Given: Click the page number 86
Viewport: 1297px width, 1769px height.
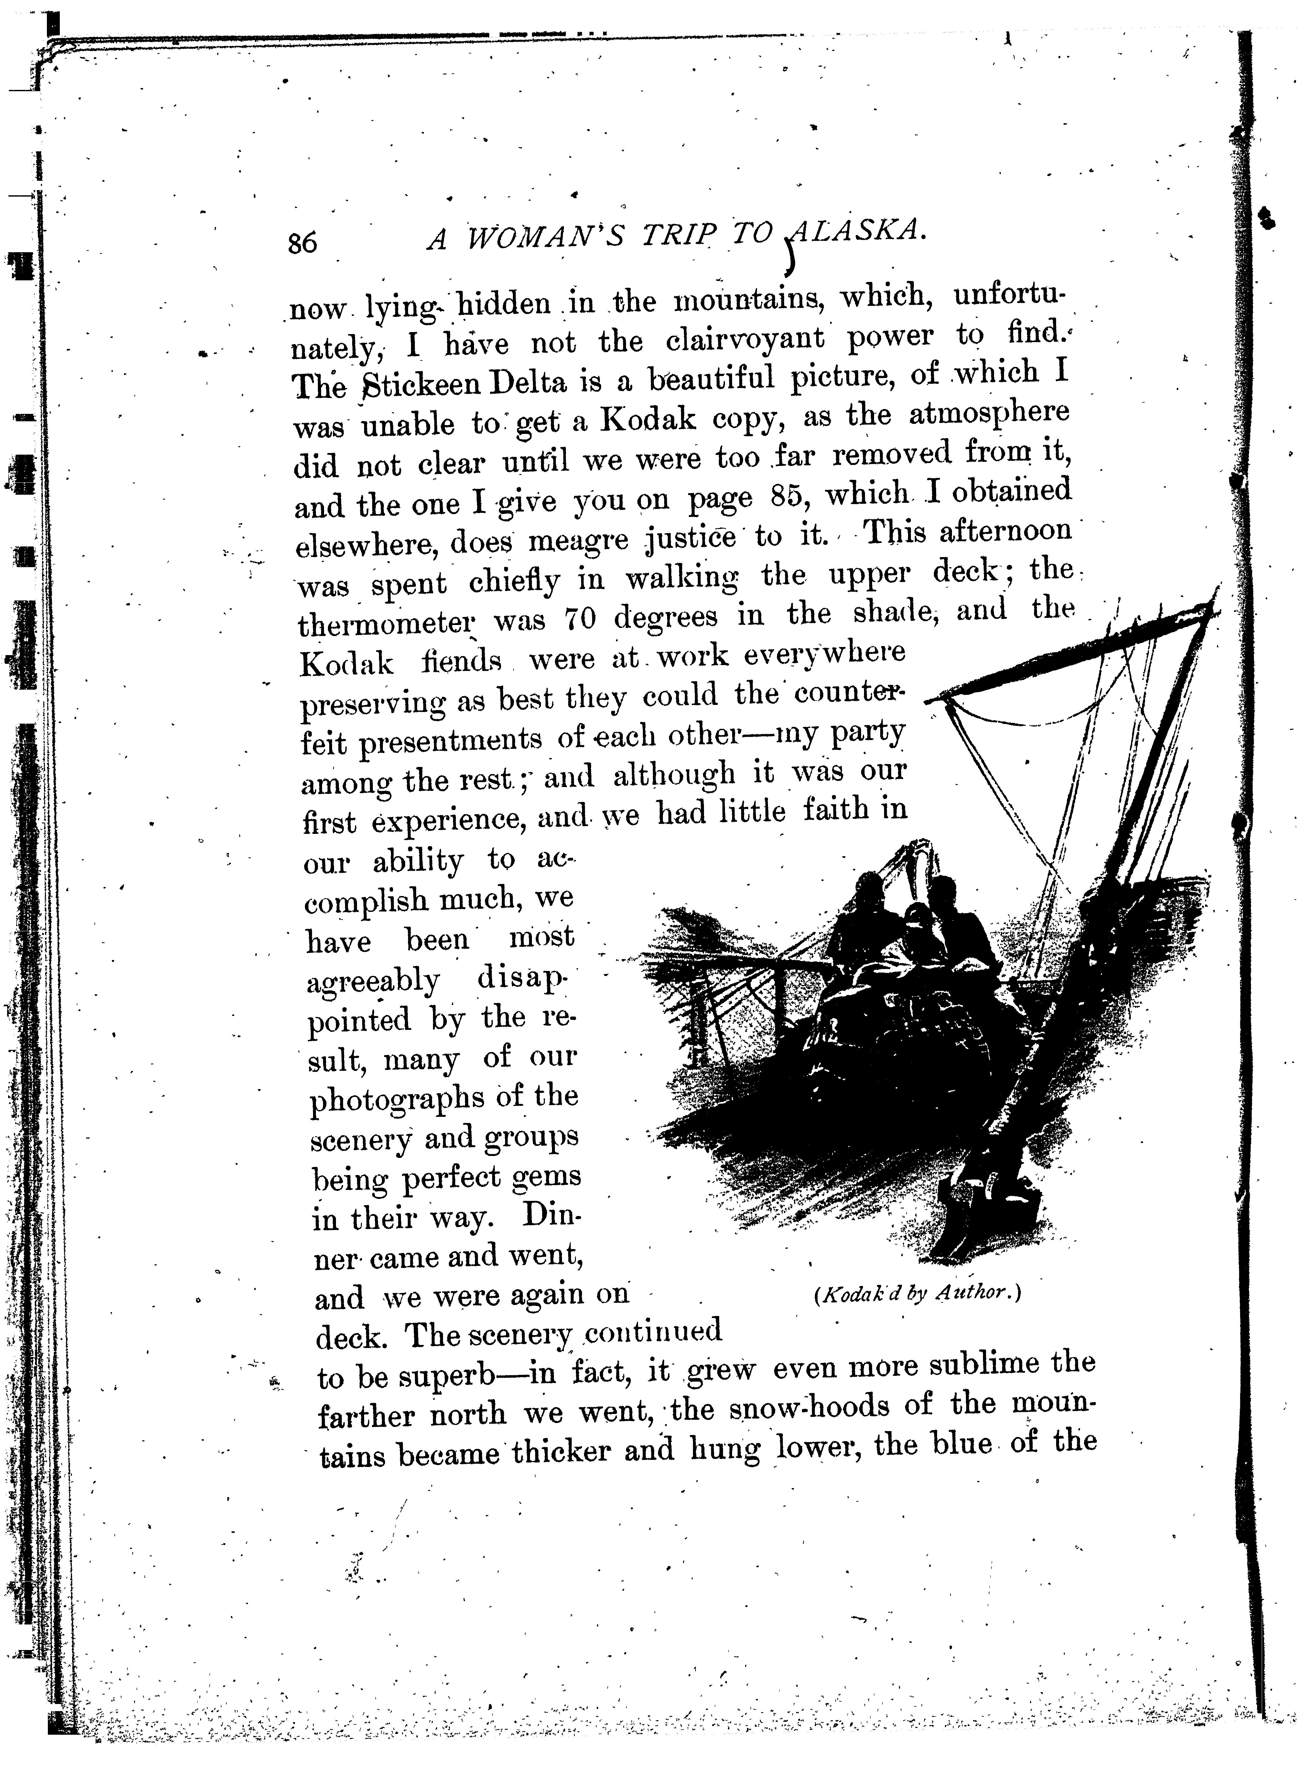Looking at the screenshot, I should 302,243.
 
